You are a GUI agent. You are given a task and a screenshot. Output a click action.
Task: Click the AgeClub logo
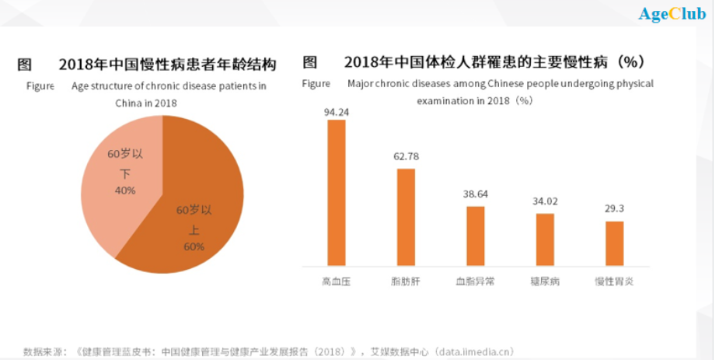(672, 14)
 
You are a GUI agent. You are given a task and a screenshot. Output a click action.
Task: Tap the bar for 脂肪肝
(406, 217)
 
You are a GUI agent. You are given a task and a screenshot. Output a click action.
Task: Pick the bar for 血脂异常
(475, 236)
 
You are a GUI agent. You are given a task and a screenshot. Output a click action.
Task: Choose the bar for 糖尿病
(545, 239)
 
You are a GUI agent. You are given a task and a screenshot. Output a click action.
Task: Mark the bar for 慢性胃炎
(614, 243)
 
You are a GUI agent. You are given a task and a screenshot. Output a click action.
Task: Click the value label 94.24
(337, 111)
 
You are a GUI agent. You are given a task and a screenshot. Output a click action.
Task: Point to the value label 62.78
(406, 156)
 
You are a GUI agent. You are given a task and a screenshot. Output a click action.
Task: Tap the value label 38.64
(475, 194)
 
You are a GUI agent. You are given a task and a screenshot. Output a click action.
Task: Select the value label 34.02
(545, 201)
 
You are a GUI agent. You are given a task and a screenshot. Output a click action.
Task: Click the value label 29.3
(614, 209)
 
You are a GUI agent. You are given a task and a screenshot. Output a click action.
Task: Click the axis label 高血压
(337, 281)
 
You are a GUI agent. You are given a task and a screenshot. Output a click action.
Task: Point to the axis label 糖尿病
(545, 281)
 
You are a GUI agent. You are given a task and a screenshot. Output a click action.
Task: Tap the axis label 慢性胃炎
(614, 281)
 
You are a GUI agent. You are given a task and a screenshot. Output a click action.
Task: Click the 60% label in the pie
(194, 246)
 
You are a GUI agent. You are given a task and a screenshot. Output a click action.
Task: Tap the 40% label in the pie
(125, 190)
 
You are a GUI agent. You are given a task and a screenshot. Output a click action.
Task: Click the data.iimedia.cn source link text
(472, 351)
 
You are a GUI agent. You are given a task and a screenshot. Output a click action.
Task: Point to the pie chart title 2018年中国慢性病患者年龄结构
(167, 64)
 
